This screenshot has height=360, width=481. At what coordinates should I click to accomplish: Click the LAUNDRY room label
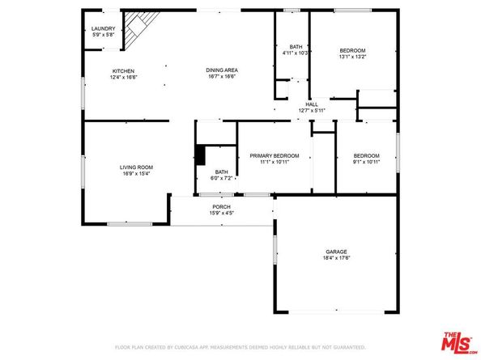103,28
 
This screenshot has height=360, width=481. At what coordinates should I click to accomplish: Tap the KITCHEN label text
123,70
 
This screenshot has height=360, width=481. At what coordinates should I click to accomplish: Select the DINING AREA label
221,70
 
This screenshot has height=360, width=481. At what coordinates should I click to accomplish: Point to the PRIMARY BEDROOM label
275,155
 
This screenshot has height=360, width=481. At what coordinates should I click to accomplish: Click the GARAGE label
337,252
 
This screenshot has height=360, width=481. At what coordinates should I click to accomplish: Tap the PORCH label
222,207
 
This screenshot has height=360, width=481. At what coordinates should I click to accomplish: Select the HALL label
311,104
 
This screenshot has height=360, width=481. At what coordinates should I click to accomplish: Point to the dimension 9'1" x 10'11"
367,162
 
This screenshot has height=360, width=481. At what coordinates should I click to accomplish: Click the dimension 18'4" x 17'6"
337,258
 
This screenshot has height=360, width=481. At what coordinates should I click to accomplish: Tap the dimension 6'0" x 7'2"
222,177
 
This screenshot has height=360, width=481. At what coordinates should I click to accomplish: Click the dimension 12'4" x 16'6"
123,77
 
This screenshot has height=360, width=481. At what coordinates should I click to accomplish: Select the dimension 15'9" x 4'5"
222,214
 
